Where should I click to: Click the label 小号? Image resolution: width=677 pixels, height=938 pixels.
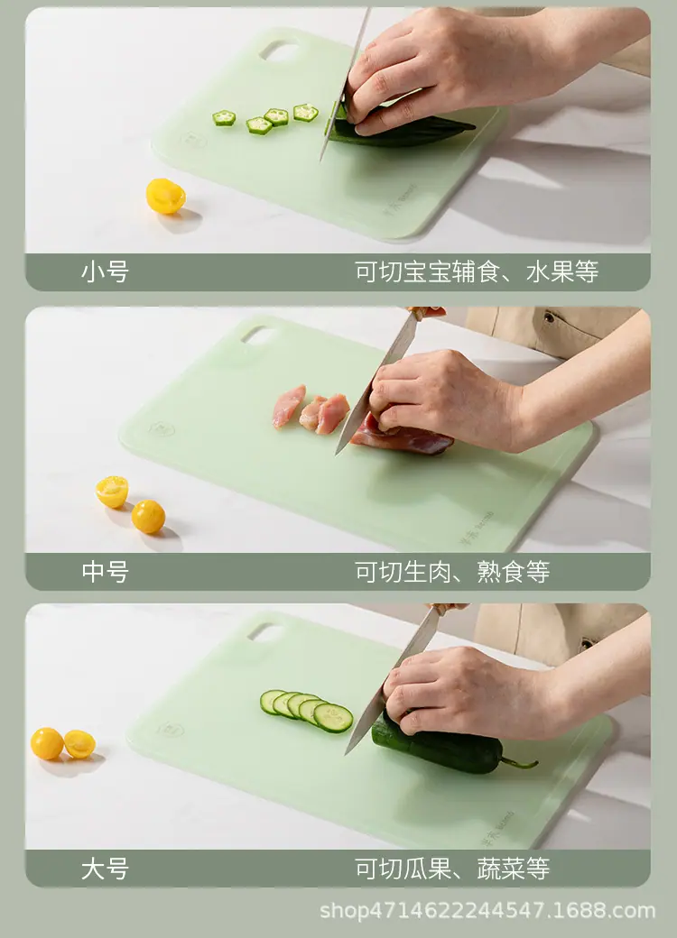click(x=105, y=272)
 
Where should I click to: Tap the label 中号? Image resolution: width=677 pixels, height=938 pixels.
click(x=105, y=572)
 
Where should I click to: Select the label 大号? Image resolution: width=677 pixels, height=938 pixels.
click(x=105, y=869)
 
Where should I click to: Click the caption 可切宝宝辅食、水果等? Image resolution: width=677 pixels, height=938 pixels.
click(x=477, y=272)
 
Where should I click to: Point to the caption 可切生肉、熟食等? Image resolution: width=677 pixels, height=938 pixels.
click(x=452, y=572)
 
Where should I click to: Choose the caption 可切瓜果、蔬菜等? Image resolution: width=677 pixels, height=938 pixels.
click(x=452, y=869)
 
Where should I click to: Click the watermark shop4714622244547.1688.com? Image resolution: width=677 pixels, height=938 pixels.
click(x=487, y=910)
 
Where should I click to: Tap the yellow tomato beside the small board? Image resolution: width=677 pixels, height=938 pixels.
click(x=165, y=196)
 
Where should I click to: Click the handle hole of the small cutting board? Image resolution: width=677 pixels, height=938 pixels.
click(x=279, y=51)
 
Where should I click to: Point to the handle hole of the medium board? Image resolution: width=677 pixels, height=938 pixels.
click(x=258, y=336)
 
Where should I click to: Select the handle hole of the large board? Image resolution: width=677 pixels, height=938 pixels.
click(x=265, y=631)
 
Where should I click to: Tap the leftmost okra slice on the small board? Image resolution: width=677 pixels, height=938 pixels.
click(x=224, y=118)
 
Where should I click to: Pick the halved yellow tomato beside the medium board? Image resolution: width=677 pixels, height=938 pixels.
click(x=112, y=492)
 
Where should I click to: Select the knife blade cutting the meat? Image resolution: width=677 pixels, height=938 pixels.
click(x=376, y=382)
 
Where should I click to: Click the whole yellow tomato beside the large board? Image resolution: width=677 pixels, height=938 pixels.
click(x=47, y=743)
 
